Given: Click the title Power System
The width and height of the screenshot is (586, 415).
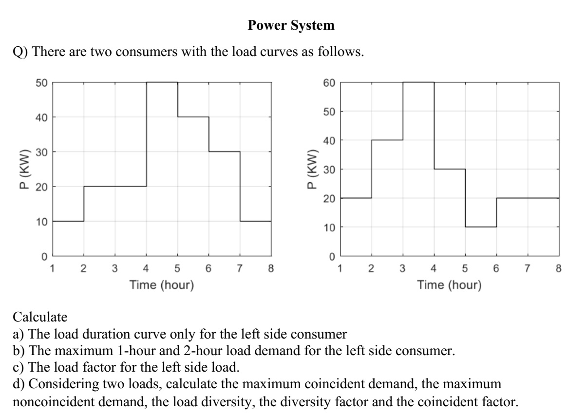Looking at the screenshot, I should click(291, 26).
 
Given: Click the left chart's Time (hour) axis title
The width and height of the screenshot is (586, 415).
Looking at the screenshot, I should click(162, 284).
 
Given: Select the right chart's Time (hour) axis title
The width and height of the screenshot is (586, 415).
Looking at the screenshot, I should click(449, 284).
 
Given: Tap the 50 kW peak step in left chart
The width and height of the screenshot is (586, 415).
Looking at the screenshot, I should click(162, 82).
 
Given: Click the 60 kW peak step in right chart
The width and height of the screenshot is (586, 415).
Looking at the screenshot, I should click(418, 82).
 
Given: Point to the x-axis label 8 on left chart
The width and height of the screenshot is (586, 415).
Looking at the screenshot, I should click(271, 267).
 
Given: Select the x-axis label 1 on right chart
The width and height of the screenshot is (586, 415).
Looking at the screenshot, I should click(340, 267).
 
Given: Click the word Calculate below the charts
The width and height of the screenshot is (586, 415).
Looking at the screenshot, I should click(40, 318).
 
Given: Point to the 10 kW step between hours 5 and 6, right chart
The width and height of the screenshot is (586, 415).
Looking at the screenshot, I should click(481, 227).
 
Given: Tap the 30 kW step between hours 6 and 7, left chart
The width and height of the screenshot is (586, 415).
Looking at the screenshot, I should click(224, 152).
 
